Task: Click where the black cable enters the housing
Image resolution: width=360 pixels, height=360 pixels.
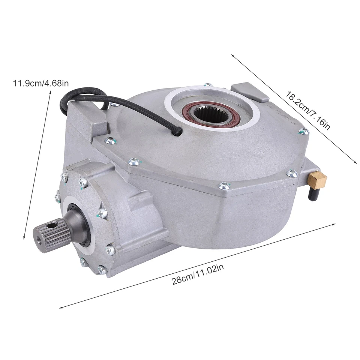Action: pos(180,131)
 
